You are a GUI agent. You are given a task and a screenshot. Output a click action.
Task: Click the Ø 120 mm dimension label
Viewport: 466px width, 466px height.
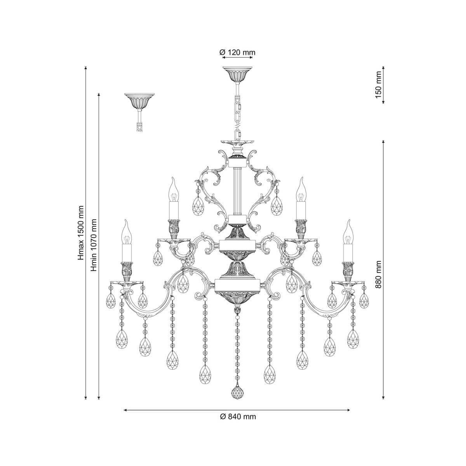click(x=237, y=52)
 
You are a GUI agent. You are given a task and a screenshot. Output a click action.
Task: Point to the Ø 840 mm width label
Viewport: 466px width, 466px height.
click(x=238, y=417)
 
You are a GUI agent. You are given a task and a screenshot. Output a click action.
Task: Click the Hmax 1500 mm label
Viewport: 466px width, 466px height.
click(x=81, y=233)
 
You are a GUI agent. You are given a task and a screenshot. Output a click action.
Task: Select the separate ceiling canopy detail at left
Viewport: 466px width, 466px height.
click(x=139, y=102)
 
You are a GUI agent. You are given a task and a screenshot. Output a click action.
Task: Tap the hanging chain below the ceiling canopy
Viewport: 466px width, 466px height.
click(x=237, y=113)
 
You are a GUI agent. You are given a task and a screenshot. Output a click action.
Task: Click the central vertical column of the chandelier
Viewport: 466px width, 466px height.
click(x=237, y=186)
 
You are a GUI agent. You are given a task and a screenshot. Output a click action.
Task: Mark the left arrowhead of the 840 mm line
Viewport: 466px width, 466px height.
click(x=125, y=409)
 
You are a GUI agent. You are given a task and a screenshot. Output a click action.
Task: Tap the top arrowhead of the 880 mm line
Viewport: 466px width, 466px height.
click(x=383, y=141)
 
